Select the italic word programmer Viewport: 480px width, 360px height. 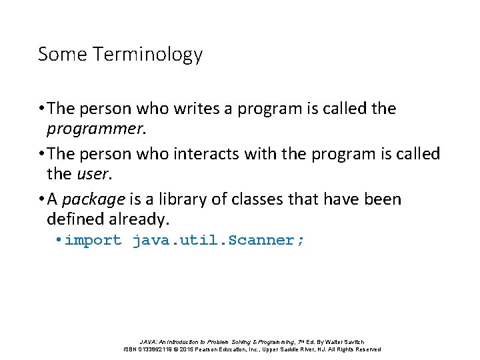(x=95, y=127)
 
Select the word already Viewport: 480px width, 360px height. (x=139, y=219)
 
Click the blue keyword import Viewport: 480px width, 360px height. (x=93, y=241)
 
